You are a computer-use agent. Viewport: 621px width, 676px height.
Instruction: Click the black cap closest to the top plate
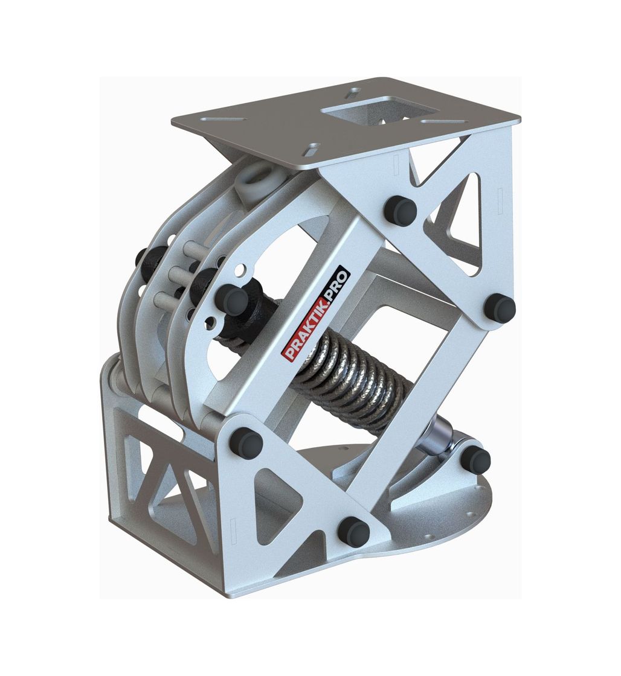point(400,208)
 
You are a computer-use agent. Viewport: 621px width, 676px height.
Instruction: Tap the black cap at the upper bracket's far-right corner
point(500,308)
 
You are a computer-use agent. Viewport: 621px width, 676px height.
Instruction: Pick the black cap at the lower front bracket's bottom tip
point(353,531)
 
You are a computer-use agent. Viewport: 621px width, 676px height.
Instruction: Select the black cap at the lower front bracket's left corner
point(246,441)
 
